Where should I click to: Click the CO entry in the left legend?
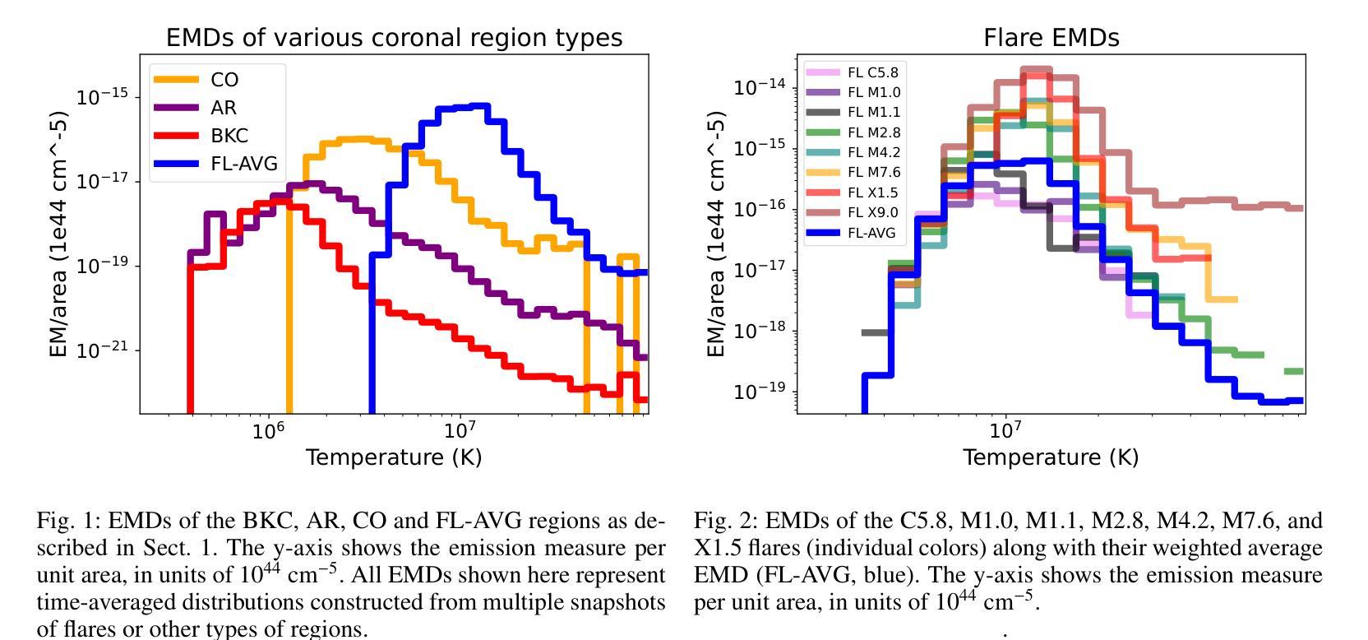click(x=224, y=80)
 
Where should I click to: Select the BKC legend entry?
click(x=229, y=136)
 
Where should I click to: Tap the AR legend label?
click(x=223, y=108)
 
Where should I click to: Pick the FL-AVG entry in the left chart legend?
click(x=243, y=164)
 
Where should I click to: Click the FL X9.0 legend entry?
click(x=872, y=213)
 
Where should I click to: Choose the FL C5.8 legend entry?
click(x=872, y=72)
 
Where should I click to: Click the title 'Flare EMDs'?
click(x=1051, y=38)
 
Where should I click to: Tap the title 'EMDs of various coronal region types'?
click(x=394, y=38)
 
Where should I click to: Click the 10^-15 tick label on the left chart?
click(x=103, y=97)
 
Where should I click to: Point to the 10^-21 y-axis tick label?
click(x=103, y=350)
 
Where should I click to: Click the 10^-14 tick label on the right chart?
click(x=760, y=86)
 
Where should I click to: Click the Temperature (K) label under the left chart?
click(x=394, y=457)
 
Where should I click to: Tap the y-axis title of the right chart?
click(x=716, y=234)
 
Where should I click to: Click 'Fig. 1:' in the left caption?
click(x=69, y=521)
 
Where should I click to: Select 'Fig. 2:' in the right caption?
click(x=727, y=521)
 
